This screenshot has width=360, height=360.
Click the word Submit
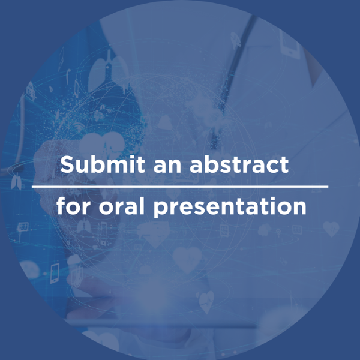103,164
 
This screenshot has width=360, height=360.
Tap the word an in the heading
167,166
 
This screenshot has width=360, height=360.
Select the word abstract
239,164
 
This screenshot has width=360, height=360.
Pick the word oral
121,205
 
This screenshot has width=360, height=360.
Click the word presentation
230,208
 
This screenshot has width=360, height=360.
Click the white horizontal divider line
180,187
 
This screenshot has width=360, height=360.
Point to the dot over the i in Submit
130,157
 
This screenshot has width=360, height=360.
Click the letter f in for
61,205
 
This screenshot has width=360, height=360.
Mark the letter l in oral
142,205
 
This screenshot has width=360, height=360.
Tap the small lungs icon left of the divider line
16,181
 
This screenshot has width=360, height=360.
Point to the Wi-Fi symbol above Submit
77,127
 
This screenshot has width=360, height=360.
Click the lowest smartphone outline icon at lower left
55,273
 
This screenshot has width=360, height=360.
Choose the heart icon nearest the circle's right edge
331,229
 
